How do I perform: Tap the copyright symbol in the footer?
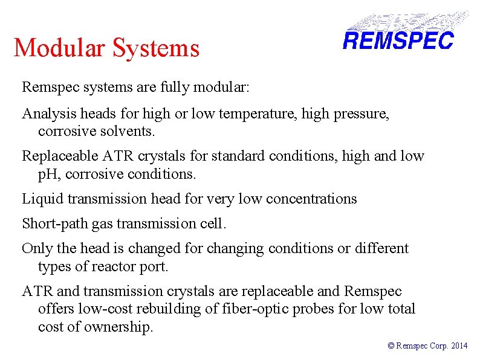(x=391, y=346)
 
